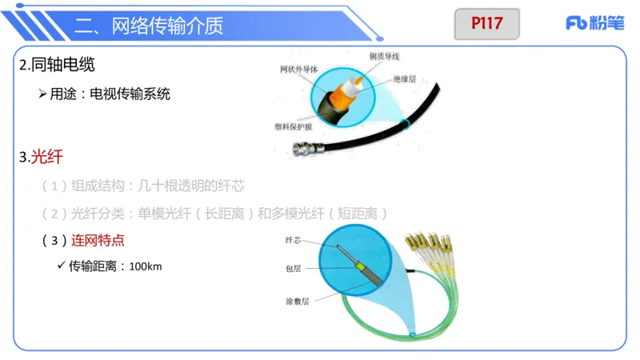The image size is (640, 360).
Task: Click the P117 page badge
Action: click(486, 23)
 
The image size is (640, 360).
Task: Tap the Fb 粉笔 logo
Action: click(594, 23)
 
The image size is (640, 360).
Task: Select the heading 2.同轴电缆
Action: click(62, 66)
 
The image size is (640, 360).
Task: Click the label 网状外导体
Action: click(298, 70)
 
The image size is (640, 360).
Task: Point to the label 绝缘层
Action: click(407, 80)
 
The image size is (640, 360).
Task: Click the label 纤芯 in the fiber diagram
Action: click(293, 239)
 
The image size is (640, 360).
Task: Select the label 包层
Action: click(293, 269)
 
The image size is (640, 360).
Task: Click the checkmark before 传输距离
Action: click(61, 265)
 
